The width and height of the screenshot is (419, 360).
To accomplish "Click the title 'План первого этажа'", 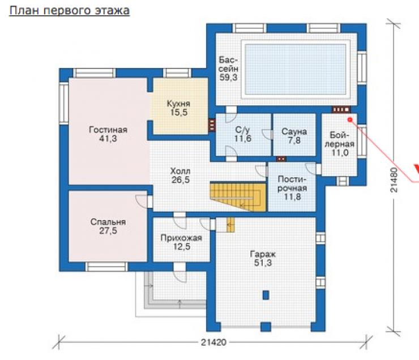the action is click(x=70, y=11).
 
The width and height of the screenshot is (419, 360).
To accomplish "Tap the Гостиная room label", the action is click(x=108, y=134).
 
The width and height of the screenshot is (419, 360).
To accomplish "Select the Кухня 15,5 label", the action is click(x=179, y=108).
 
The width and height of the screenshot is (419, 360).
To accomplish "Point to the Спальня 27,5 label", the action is click(x=108, y=226).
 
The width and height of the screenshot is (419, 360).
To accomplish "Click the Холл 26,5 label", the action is click(x=181, y=175).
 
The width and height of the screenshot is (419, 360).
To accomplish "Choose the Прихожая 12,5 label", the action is click(x=181, y=242).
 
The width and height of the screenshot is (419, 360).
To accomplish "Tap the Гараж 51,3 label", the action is click(x=263, y=258).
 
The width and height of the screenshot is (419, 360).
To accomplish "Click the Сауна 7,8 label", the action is click(x=294, y=136).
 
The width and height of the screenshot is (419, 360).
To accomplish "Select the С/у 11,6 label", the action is click(x=243, y=134).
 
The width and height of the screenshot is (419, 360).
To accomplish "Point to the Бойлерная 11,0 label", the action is click(x=340, y=144).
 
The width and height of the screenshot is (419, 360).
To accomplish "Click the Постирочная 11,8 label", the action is click(x=292, y=188).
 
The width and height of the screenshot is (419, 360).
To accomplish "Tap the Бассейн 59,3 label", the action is click(x=229, y=68).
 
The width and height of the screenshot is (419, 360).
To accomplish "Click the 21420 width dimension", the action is click(x=213, y=342).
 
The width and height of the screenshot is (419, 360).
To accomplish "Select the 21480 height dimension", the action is click(x=394, y=180).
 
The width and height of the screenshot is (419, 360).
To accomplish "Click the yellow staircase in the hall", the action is click(x=238, y=196).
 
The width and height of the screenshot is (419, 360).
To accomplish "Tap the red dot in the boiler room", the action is click(x=350, y=119).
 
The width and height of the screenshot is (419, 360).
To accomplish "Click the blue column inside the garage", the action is click(x=266, y=295).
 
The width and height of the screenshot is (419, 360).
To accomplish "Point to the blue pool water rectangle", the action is click(x=296, y=70).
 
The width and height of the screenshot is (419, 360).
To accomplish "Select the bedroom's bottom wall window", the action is click(x=106, y=267).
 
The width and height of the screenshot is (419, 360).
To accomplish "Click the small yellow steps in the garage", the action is click(x=230, y=225).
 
